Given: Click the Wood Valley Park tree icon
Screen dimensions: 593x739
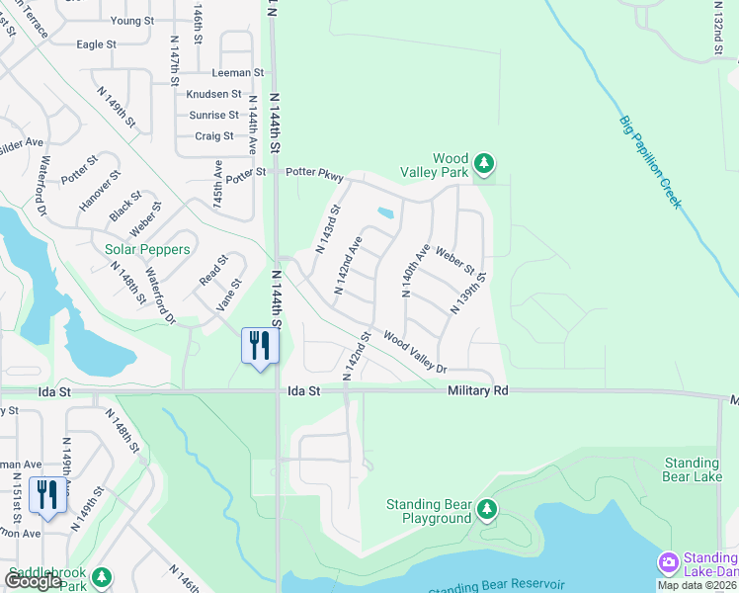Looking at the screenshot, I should pyautogui.click(x=483, y=162).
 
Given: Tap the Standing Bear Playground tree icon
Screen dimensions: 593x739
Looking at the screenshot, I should pyautogui.click(x=486, y=509).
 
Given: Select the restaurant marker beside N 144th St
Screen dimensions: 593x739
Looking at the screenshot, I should pyautogui.click(x=260, y=347).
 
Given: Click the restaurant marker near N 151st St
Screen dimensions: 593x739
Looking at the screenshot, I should pyautogui.click(x=47, y=495).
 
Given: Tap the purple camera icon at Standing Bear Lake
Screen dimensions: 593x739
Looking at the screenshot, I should pyautogui.click(x=668, y=563).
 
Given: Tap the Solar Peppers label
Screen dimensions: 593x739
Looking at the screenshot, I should pyautogui.click(x=147, y=250).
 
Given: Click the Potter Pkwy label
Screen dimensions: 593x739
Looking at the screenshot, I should pyautogui.click(x=314, y=173).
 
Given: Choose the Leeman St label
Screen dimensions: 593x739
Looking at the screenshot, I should pyautogui.click(x=238, y=73).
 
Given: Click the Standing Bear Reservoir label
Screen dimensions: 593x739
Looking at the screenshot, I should pyautogui.click(x=496, y=586).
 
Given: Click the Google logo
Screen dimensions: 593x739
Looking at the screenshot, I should pyautogui.click(x=35, y=581).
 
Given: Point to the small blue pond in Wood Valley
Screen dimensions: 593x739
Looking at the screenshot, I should pyautogui.click(x=384, y=212).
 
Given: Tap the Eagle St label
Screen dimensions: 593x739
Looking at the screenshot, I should pyautogui.click(x=96, y=44).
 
